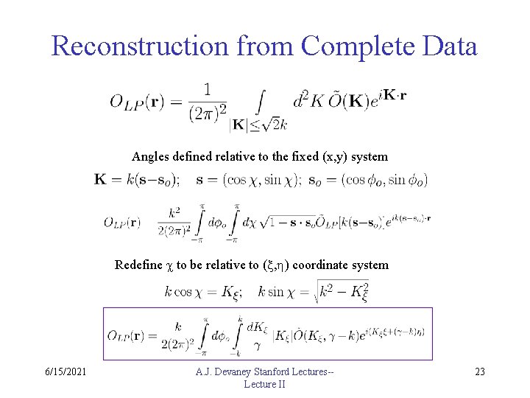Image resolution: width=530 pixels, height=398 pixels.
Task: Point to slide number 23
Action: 480,371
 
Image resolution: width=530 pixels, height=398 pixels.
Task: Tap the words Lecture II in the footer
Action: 264,384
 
